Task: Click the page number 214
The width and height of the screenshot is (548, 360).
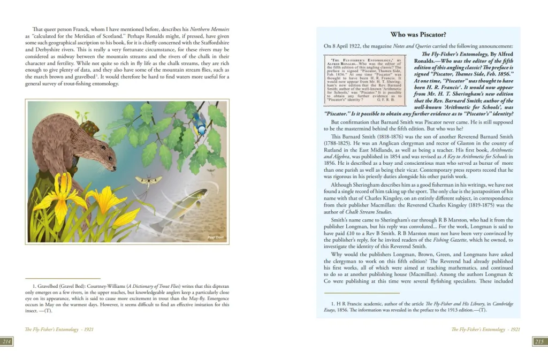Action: click(7, 342)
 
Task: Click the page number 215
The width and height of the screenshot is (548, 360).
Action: click(539, 342)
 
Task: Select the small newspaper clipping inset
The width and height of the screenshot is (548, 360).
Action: click(363, 80)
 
